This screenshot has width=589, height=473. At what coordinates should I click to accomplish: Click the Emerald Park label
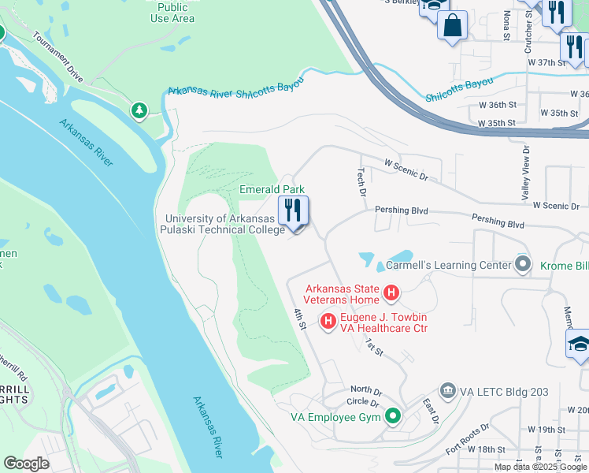point(272,190)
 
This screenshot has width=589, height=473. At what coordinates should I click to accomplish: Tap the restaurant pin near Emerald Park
point(293,211)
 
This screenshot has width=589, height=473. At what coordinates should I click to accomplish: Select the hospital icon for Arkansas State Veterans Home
point(391,296)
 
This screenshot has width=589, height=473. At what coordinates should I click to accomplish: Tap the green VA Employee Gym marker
point(392,416)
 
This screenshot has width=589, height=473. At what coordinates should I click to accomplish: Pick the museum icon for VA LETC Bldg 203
point(447,391)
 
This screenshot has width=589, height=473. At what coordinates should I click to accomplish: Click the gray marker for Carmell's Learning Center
point(521,265)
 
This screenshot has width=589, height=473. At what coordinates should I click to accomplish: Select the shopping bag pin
point(453,25)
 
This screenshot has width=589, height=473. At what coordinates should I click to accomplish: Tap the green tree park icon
point(139,110)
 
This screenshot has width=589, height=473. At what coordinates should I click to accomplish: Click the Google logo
point(26,464)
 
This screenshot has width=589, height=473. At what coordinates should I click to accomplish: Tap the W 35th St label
point(496,124)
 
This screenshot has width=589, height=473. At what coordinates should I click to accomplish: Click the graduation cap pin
point(577,344)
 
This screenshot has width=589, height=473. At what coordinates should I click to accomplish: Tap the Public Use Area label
point(172,13)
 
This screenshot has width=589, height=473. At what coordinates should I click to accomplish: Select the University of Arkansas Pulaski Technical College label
point(224,224)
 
